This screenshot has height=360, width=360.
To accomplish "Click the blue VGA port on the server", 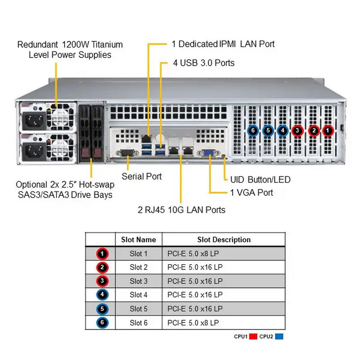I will pyautogui.click(x=208, y=153).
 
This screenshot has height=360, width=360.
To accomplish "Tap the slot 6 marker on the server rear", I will pyautogui.click(x=253, y=130).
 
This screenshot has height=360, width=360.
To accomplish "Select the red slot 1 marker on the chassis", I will pyautogui.click(x=328, y=130).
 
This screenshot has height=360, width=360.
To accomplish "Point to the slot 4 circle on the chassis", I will pyautogui.click(x=283, y=130).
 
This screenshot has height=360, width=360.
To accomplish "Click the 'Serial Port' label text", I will pyautogui.click(x=141, y=176).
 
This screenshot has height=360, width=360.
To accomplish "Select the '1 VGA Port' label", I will pyautogui.click(x=252, y=192).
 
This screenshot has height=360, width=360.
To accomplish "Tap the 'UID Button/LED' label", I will pyautogui.click(x=260, y=179).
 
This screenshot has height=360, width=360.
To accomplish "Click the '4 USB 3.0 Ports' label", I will pyautogui.click(x=203, y=63).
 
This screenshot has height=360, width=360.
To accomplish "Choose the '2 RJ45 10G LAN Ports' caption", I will pyautogui.click(x=181, y=210).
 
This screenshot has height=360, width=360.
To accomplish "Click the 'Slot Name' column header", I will pyautogui.click(x=139, y=240).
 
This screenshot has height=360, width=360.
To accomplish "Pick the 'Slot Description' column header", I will pyautogui.click(x=224, y=240).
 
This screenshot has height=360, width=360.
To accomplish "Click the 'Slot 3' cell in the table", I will pyautogui.click(x=139, y=281).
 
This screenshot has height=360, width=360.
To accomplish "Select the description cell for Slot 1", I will pyautogui.click(x=193, y=254).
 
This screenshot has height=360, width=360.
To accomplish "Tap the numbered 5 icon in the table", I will pyautogui.click(x=103, y=309).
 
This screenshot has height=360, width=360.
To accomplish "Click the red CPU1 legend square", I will pyautogui.click(x=253, y=337).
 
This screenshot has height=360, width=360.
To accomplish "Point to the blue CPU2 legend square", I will pyautogui.click(x=279, y=337).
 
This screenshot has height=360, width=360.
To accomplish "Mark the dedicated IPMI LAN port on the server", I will pyautogui.click(x=146, y=138).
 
